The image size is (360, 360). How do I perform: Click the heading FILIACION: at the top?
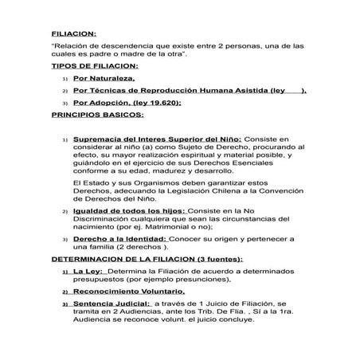(x=72, y=33)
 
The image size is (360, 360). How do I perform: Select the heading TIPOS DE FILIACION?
(x=95, y=67)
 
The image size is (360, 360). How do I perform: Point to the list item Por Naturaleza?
(x=104, y=80)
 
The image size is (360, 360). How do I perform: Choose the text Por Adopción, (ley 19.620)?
(x=127, y=102)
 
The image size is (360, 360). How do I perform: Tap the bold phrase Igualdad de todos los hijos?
(x=123, y=209)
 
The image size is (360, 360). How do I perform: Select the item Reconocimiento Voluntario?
(x=128, y=292)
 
